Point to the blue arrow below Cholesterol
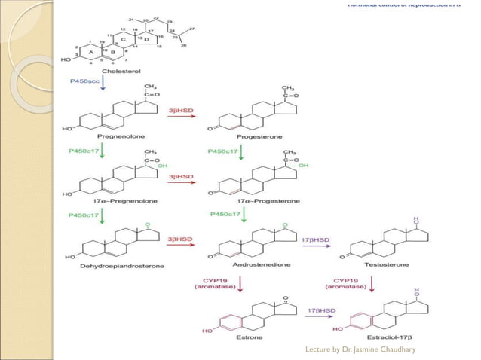click(104, 87)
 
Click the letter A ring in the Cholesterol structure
click(90, 52)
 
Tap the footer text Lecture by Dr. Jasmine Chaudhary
click(360, 350)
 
